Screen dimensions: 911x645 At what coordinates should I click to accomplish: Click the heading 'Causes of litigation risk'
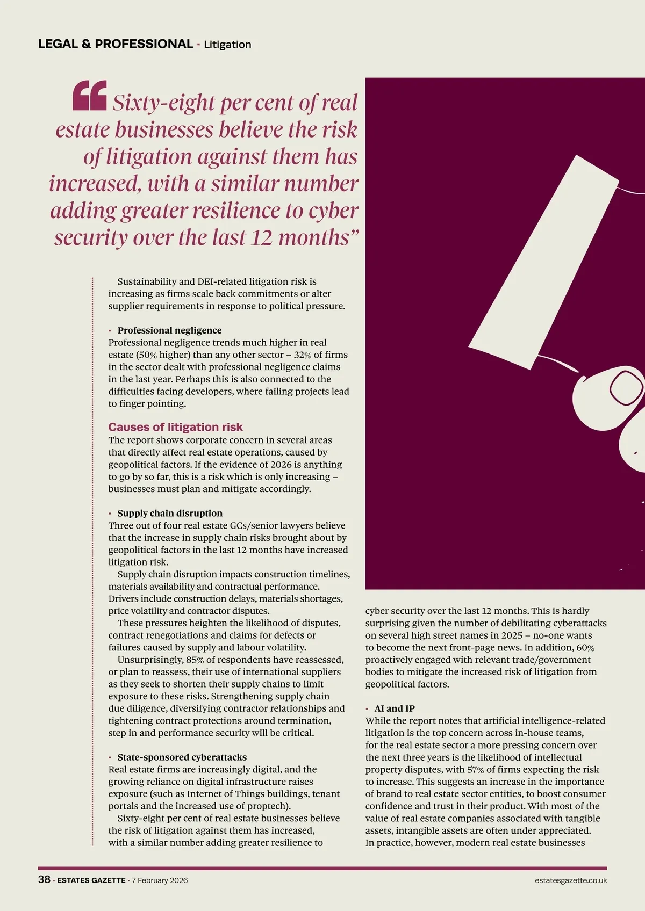175,427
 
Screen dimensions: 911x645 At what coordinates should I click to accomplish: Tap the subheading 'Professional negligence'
169,330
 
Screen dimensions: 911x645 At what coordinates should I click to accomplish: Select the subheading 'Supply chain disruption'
170,513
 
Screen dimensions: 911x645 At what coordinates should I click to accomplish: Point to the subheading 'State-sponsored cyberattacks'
182,757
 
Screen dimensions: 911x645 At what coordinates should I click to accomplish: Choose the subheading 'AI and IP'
395,708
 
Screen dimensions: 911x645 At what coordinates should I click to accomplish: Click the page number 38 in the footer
44,880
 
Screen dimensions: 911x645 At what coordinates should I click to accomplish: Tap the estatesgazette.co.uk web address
571,880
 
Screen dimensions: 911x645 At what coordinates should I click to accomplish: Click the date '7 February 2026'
160,880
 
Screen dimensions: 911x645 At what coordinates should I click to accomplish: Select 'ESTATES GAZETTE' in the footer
91,880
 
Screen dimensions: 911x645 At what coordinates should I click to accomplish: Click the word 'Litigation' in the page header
227,45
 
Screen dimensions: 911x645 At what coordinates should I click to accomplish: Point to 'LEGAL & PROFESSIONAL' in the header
116,44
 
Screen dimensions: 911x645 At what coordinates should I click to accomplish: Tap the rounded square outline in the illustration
627,386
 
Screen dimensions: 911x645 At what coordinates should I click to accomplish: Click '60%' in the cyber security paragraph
585,648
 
